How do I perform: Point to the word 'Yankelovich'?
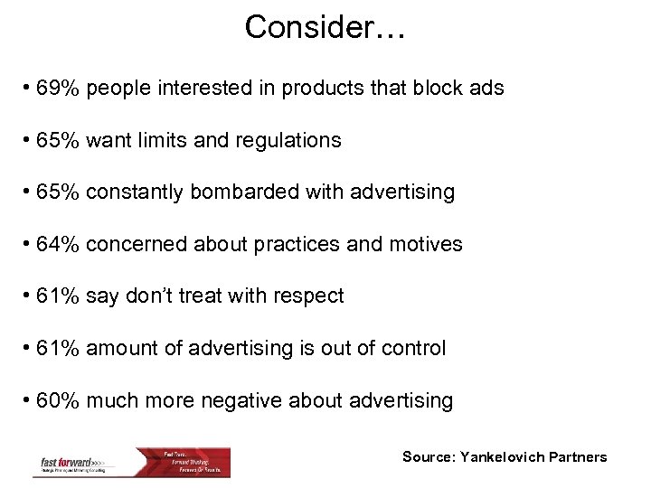click(x=507, y=457)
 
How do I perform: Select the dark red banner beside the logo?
click(x=194, y=461)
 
